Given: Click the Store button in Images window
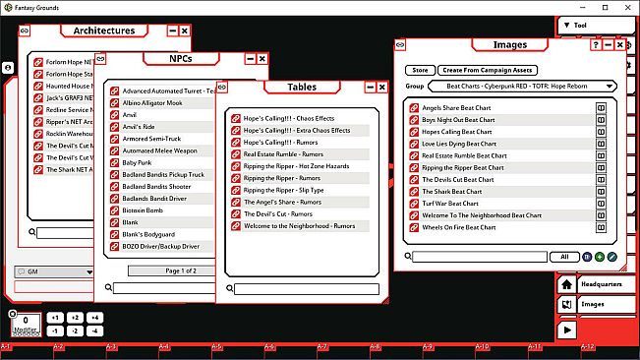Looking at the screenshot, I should coord(420,71).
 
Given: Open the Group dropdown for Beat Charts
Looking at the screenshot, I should coord(522,87).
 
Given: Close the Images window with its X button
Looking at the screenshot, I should coord(620,45).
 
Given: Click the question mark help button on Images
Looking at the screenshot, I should coord(595,45).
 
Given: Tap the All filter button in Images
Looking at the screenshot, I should coord(564,257).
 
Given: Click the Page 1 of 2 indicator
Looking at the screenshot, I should coord(167,270).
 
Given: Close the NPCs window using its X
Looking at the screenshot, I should coord(262,59).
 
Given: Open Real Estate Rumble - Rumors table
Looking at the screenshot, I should coord(285,154).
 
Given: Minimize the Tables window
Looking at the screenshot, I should coord(367,88).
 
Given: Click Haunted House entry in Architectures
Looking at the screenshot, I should coord(69,87).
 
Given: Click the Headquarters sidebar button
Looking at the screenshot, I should coord(601,284).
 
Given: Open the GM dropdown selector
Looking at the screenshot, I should coord(54,271).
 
